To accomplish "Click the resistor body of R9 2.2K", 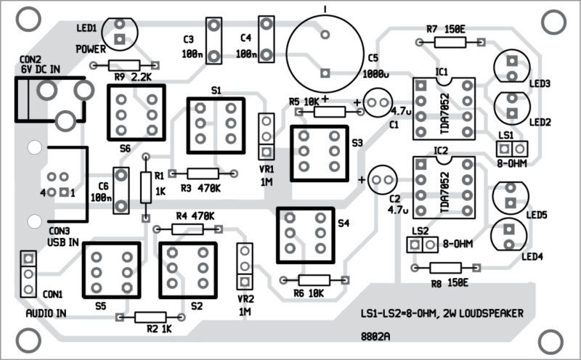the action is [x=124, y=65].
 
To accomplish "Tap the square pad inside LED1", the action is [x=119, y=38].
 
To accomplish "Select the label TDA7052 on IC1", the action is [x=444, y=114].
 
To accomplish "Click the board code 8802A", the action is [x=375, y=337].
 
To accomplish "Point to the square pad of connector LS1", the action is [x=503, y=149].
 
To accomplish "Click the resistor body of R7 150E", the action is [x=450, y=42].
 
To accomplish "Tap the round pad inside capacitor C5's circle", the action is [x=325, y=35].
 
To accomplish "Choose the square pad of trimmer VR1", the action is [x=266, y=152].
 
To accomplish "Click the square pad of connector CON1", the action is [x=28, y=258].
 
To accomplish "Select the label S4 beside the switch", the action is [x=344, y=223].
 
